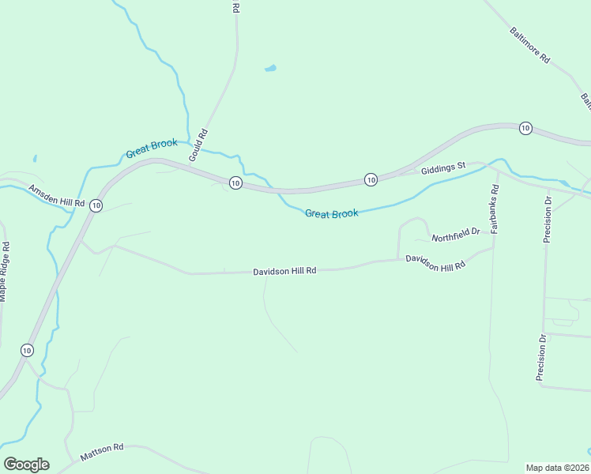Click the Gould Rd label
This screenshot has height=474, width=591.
(198, 145)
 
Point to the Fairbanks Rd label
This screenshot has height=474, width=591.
(495, 209)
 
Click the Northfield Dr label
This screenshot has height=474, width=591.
(456, 234)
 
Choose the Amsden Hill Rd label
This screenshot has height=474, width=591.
(56, 196)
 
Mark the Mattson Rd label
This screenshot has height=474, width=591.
(102, 453)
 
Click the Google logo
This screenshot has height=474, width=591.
(26, 465)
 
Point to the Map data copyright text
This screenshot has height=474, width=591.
(558, 467)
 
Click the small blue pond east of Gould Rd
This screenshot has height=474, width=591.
(270, 69)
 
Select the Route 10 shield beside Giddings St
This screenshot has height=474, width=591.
(371, 180)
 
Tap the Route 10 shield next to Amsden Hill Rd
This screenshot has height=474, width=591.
(96, 205)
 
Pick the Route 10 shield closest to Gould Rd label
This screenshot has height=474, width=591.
(235, 182)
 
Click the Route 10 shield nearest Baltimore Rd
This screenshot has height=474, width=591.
(525, 128)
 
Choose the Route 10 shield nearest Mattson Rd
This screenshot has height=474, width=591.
(28, 350)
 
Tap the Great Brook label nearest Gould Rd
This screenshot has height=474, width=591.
(152, 149)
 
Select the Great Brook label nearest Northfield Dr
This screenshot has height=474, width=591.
(332, 213)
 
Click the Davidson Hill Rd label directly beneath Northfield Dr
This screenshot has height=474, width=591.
(435, 263)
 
